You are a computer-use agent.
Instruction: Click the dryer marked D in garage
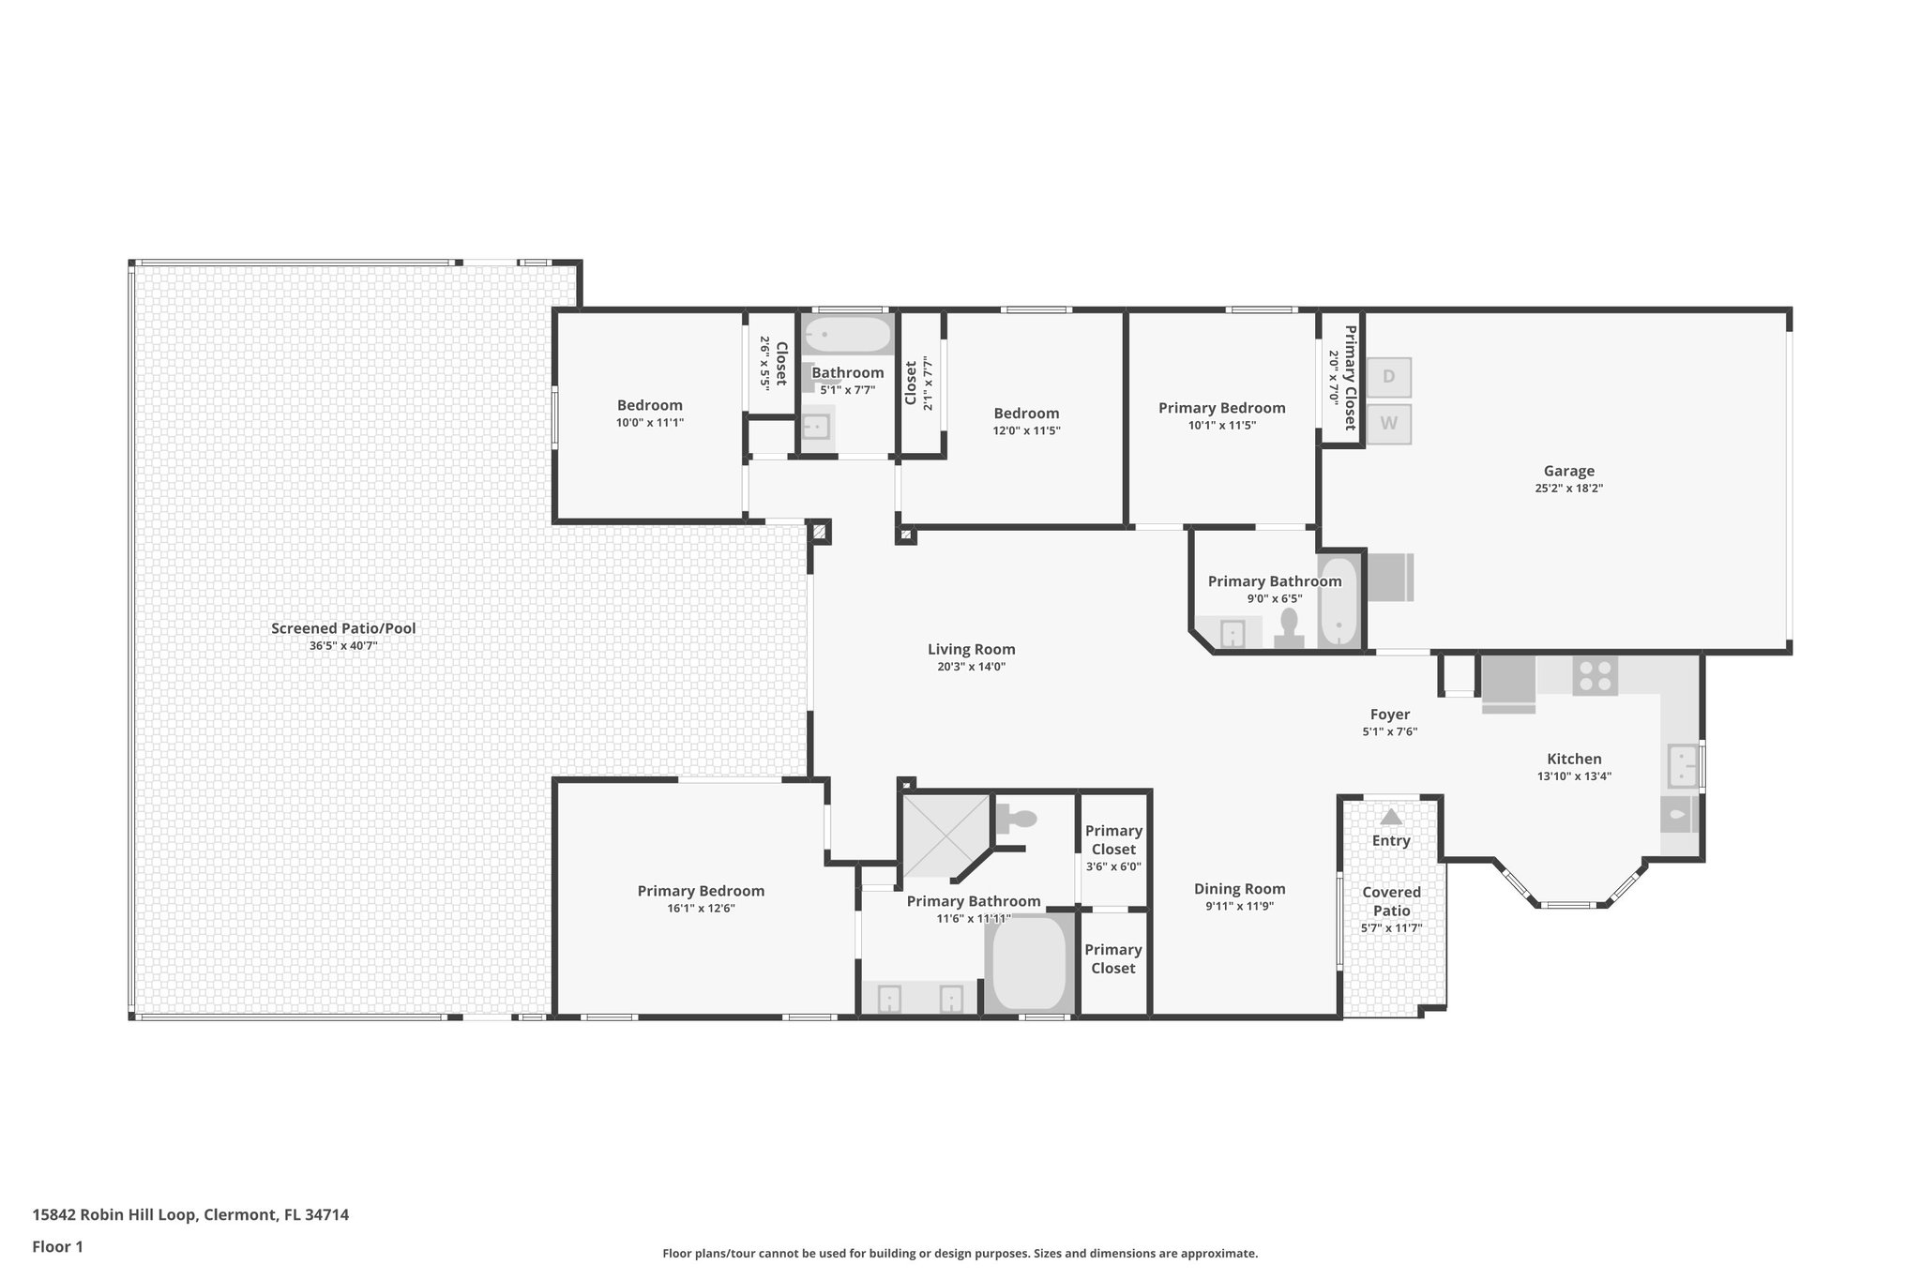[x=1388, y=377]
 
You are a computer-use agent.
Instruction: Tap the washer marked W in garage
[x=1388, y=424]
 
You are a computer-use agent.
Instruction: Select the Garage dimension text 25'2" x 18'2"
[x=1568, y=489]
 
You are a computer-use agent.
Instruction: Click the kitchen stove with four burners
[x=1595, y=675]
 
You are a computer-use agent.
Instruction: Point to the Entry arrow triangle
[x=1390, y=817]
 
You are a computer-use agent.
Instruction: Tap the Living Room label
[x=971, y=649]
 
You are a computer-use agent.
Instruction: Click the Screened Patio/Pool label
[x=343, y=628]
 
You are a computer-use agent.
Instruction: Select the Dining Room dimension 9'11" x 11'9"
[x=1239, y=907]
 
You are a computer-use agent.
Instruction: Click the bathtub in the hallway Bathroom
[x=849, y=335]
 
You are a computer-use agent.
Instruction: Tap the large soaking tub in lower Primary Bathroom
[x=1029, y=964]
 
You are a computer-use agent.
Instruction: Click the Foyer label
[x=1389, y=715]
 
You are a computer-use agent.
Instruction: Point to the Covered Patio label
[x=1391, y=901]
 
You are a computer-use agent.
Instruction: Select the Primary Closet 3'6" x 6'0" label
[x=1113, y=848]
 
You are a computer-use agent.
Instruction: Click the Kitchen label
[x=1574, y=760]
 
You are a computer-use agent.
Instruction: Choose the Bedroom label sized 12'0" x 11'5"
[x=1026, y=414]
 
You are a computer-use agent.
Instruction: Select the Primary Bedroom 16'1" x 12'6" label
[x=701, y=892]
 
